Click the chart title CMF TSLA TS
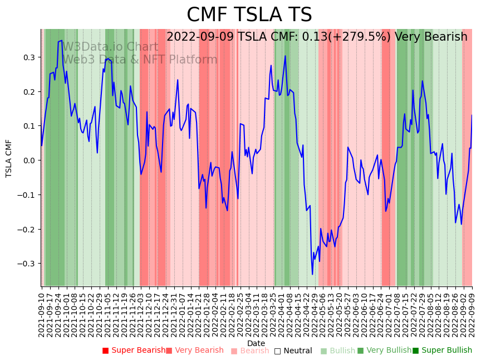[x=249, y=15]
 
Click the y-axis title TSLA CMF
[x=9, y=158]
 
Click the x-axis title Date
[x=256, y=343]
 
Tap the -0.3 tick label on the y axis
[x=26, y=264]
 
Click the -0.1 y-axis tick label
[x=26, y=195]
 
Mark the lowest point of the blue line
[x=312, y=274]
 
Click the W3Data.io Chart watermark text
[x=110, y=47]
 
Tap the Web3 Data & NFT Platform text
[x=140, y=60]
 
